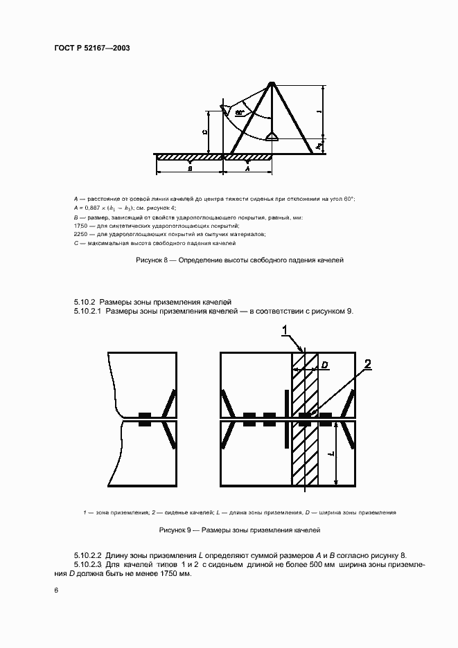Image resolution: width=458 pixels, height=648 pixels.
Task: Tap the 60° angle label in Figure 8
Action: coord(240,111)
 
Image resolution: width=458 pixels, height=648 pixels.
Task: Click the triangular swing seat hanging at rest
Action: coord(272,136)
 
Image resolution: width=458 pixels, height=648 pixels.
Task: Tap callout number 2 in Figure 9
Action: coord(368,364)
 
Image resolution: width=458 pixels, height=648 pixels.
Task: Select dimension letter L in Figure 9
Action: coord(331,453)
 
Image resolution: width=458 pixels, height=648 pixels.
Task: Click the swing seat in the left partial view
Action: coord(145,419)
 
